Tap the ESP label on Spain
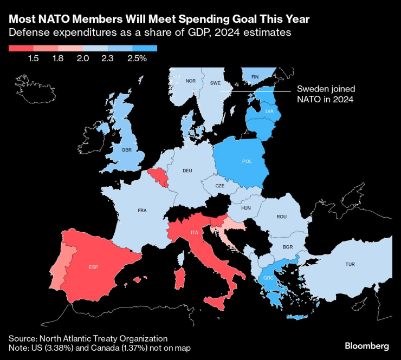(x=94, y=267)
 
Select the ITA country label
(x=193, y=233)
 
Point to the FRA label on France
(x=142, y=211)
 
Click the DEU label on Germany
(x=187, y=171)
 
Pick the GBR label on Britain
(x=127, y=150)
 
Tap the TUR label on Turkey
(x=350, y=264)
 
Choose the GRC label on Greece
(x=268, y=278)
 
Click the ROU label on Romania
(x=281, y=217)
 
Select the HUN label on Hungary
(x=246, y=208)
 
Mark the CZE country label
(x=219, y=186)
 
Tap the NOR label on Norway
(x=190, y=81)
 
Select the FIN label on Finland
(x=255, y=77)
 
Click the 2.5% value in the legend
(x=137, y=58)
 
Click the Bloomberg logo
(x=367, y=345)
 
